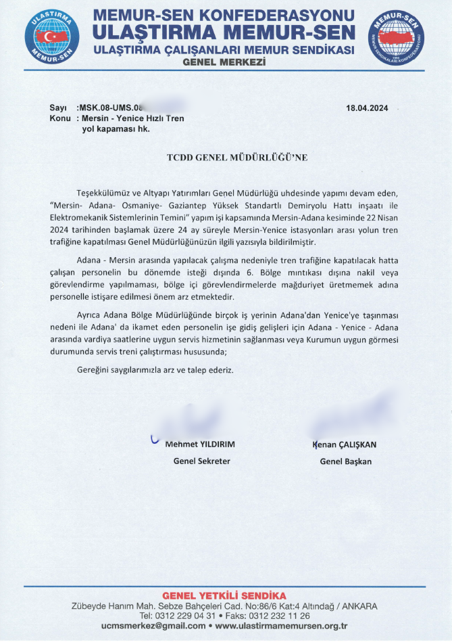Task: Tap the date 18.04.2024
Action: pyautogui.click(x=367, y=108)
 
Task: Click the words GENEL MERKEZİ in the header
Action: pyautogui.click(x=224, y=62)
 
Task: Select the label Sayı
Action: pyautogui.click(x=58, y=108)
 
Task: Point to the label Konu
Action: pyautogui.click(x=60, y=118)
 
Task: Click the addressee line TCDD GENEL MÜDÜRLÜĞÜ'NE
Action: pyautogui.click(x=236, y=157)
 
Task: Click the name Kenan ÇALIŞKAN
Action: pyautogui.click(x=345, y=444)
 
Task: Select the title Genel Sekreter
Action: pyautogui.click(x=202, y=461)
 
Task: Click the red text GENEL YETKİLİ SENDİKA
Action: pyautogui.click(x=224, y=595)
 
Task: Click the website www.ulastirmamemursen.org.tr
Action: pyautogui.click(x=283, y=626)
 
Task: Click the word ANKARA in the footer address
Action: pyautogui.click(x=359, y=605)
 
